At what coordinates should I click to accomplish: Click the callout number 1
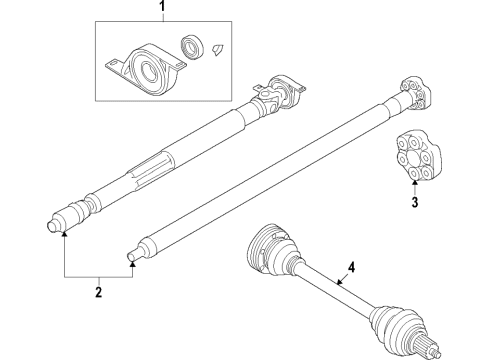(x=162, y=6)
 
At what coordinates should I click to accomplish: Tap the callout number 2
(x=98, y=292)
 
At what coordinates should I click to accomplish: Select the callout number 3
(x=415, y=202)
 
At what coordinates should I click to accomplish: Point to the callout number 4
(x=352, y=268)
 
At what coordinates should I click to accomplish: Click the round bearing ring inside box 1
(x=192, y=46)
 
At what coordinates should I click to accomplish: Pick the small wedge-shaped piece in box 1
(x=217, y=49)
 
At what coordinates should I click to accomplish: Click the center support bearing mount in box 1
(x=146, y=68)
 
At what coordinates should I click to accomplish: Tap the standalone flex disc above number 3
(x=419, y=157)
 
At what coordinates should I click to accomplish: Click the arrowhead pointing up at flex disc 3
(x=415, y=183)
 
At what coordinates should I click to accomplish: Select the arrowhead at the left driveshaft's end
(x=64, y=233)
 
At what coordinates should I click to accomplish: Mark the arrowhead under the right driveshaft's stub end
(x=133, y=264)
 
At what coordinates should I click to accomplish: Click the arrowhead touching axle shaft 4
(x=339, y=283)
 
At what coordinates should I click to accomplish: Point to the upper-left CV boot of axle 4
(x=271, y=251)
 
